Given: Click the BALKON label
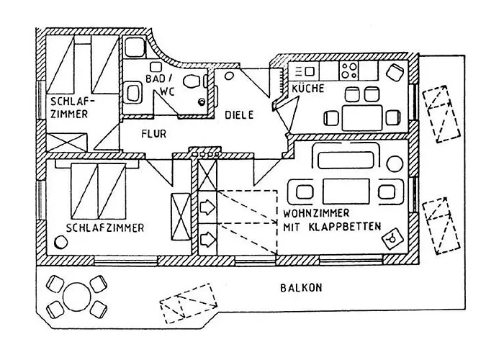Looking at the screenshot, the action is (x=301, y=287).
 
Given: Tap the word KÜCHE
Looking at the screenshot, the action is (x=308, y=89).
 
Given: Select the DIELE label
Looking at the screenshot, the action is (x=239, y=114).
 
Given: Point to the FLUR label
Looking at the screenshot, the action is (x=154, y=133).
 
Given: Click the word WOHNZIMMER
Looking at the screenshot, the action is (x=316, y=213).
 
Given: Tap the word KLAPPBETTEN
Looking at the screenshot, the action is (x=345, y=227).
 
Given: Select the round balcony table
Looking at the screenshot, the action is (x=76, y=297).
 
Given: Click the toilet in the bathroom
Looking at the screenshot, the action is (x=192, y=81).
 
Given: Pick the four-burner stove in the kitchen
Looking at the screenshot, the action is (x=348, y=71).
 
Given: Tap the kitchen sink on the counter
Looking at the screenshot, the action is (x=309, y=71).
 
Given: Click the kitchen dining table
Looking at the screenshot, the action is (x=362, y=117).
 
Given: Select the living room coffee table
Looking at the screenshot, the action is (x=346, y=192).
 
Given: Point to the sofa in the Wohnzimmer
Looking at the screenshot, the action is (x=346, y=156).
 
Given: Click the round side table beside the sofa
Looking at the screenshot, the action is (x=395, y=163).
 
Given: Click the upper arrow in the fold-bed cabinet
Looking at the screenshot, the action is (x=207, y=207).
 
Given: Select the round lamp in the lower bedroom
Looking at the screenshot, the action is (x=60, y=242).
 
